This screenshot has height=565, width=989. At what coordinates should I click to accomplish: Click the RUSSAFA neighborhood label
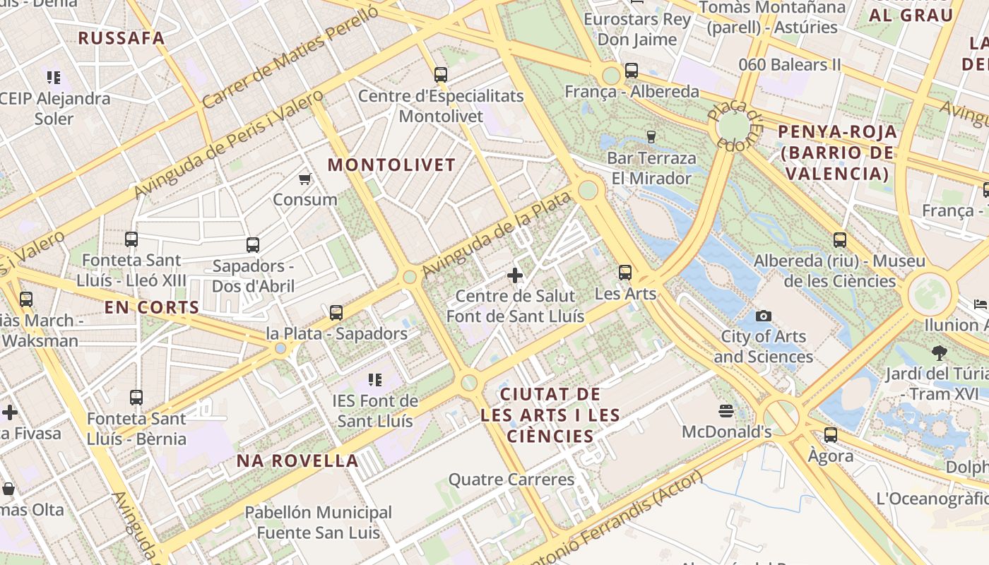point(121,38)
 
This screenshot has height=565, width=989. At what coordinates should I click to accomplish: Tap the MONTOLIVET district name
point(391,165)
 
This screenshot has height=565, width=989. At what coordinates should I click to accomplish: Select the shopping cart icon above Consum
point(305,179)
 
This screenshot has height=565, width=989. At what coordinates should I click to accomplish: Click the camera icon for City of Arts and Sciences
point(763,316)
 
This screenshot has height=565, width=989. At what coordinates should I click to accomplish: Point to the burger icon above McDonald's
point(726,410)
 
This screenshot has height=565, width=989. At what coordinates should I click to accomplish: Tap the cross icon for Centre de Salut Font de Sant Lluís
point(515,275)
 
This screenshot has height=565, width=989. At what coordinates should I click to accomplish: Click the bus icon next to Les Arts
point(625,272)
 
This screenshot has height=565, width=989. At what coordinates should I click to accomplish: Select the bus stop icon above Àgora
point(831,434)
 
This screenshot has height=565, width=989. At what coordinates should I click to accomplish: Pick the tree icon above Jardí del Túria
point(939,352)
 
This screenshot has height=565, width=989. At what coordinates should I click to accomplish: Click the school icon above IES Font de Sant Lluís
point(374,380)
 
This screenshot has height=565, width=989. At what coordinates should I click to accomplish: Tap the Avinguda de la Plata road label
point(495,234)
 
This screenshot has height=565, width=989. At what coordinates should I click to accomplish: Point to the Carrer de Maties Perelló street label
point(290,55)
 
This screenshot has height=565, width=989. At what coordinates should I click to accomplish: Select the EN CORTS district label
point(152,307)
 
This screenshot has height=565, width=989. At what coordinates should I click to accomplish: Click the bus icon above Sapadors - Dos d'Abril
point(253,245)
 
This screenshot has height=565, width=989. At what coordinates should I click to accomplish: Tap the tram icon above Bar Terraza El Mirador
point(651,136)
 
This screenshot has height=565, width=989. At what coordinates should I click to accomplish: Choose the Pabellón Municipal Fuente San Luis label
point(318,522)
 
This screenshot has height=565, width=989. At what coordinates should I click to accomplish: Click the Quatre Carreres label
point(511,480)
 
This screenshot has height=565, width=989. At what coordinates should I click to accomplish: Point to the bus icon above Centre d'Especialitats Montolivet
point(441,74)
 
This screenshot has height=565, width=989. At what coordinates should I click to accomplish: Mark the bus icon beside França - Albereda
point(632,71)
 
